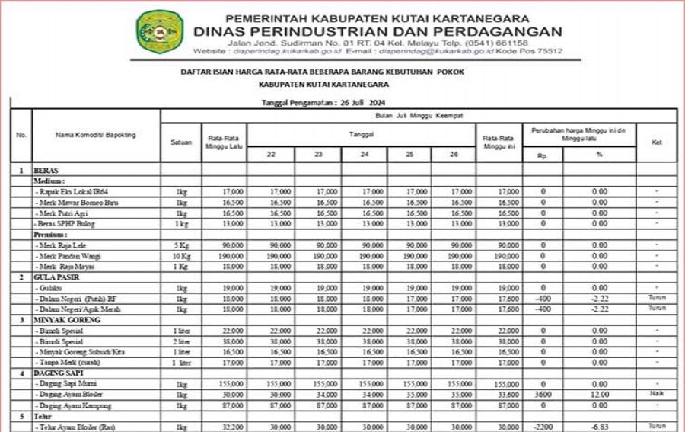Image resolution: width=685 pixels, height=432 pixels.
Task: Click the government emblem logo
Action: pos(159,32)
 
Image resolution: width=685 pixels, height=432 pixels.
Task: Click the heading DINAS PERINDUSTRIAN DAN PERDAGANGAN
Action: pos(378,31)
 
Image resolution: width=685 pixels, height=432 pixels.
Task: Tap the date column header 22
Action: pos(271,154)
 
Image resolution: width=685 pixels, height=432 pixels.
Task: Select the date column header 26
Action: pos(454,154)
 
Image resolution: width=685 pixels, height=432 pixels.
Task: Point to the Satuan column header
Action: pos(180,141)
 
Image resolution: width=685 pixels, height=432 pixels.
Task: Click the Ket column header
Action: pos(656,141)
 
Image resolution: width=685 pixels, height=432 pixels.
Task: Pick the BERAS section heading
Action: pos(46,171)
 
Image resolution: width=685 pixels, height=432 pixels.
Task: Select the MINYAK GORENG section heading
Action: pos(62,321)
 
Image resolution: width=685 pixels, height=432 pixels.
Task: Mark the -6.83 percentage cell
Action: pos(600,426)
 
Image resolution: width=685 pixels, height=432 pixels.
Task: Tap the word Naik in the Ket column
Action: pos(656,394)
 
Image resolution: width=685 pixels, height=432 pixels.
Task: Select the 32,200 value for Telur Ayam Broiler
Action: pos(225,426)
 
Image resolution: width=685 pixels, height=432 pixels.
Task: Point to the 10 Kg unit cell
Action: pos(180,256)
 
